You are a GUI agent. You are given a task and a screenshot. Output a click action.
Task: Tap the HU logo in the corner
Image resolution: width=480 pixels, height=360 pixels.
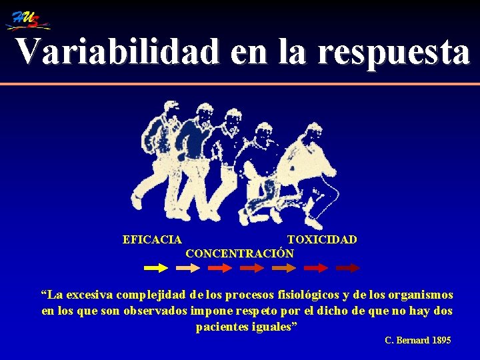(x=29, y=20)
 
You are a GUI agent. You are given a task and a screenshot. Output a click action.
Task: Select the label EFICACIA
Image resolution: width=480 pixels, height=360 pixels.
(x=153, y=239)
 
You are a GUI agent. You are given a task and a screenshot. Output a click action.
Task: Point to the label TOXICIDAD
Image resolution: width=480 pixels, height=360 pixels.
(x=322, y=239)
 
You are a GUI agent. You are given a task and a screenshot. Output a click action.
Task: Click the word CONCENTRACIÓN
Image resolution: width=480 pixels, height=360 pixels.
(x=239, y=254)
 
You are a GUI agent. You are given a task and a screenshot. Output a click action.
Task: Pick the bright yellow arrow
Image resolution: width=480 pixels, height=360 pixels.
(x=156, y=268)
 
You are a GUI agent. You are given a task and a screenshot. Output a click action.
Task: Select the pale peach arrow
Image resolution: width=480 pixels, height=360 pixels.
(x=187, y=268)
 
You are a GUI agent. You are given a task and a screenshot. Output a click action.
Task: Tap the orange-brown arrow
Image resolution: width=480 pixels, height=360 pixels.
(x=283, y=268)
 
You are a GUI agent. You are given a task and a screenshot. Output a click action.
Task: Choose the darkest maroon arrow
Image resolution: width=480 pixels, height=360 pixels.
(x=347, y=268)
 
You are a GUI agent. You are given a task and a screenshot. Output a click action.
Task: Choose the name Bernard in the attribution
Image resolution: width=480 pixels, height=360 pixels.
(x=414, y=341)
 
